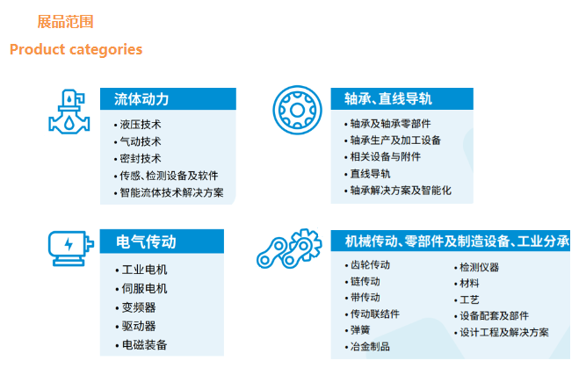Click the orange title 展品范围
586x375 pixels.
tap(65, 22)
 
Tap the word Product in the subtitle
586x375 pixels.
tap(38, 49)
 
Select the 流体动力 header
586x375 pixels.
tap(141, 99)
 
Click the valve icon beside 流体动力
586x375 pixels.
tap(69, 112)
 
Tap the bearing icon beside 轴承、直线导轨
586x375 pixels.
tap(297, 110)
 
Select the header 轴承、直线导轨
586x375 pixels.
tap(388, 99)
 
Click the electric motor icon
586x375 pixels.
tap(70, 249)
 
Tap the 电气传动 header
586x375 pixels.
tap(146, 242)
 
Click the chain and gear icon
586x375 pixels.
tap(289, 249)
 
